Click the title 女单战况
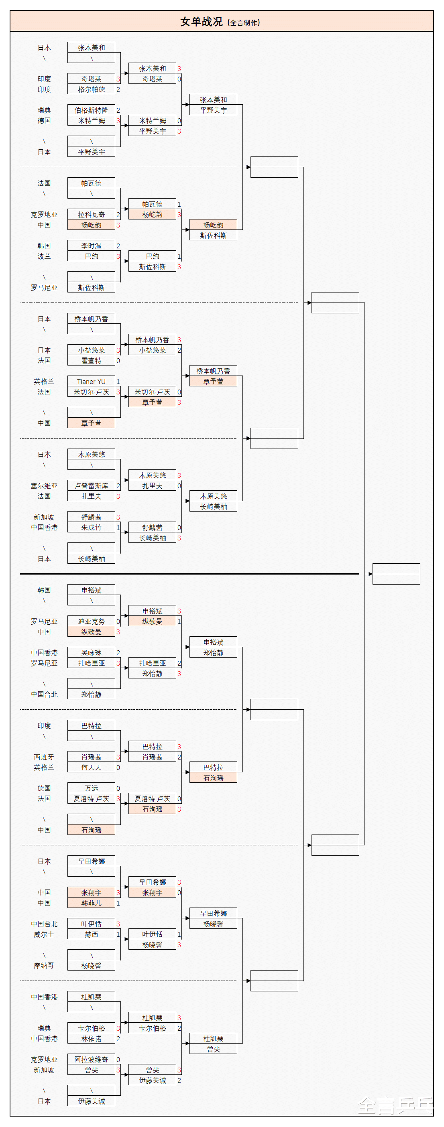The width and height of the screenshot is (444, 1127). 202,21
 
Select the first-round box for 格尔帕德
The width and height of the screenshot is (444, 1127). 91,89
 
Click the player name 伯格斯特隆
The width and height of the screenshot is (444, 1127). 91,110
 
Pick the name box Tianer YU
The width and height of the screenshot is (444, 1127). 91,382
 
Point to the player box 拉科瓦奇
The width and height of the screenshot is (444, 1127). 91,214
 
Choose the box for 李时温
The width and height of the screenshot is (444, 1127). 91,246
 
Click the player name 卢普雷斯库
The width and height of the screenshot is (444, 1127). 91,485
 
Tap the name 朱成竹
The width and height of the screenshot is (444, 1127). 91,528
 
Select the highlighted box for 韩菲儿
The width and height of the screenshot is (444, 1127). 91,903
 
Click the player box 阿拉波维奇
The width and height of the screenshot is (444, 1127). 91,1060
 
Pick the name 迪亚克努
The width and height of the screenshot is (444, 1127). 91,621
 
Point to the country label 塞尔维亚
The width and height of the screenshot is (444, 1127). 44,485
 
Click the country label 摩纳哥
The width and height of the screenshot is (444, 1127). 44,966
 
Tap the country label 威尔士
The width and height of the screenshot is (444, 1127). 44,934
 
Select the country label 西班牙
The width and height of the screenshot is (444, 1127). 44,757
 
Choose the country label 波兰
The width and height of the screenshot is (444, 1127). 44,256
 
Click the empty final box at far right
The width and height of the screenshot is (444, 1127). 396,574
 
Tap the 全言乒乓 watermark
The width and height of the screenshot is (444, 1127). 395,1107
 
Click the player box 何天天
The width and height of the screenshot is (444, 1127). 91,768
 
